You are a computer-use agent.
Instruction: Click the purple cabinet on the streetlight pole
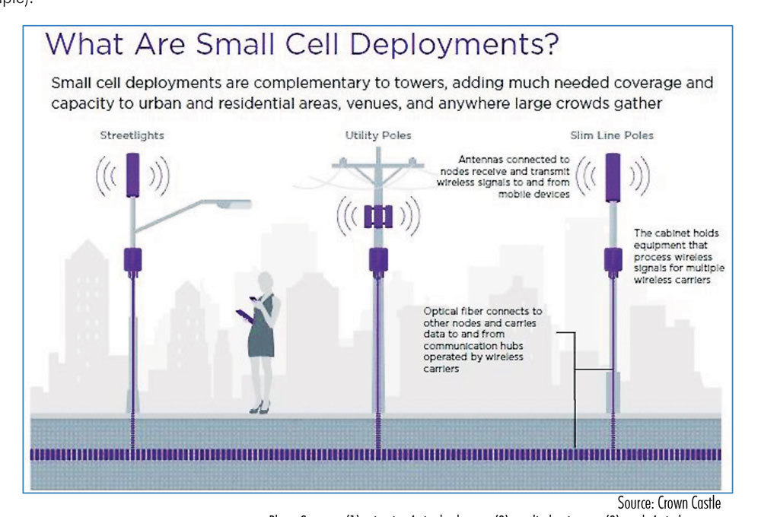tap(135, 259)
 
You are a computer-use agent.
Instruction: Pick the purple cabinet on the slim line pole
tap(613, 259)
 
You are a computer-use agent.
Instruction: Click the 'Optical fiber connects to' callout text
tap(483, 311)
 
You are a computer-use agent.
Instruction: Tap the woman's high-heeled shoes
tap(260, 408)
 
